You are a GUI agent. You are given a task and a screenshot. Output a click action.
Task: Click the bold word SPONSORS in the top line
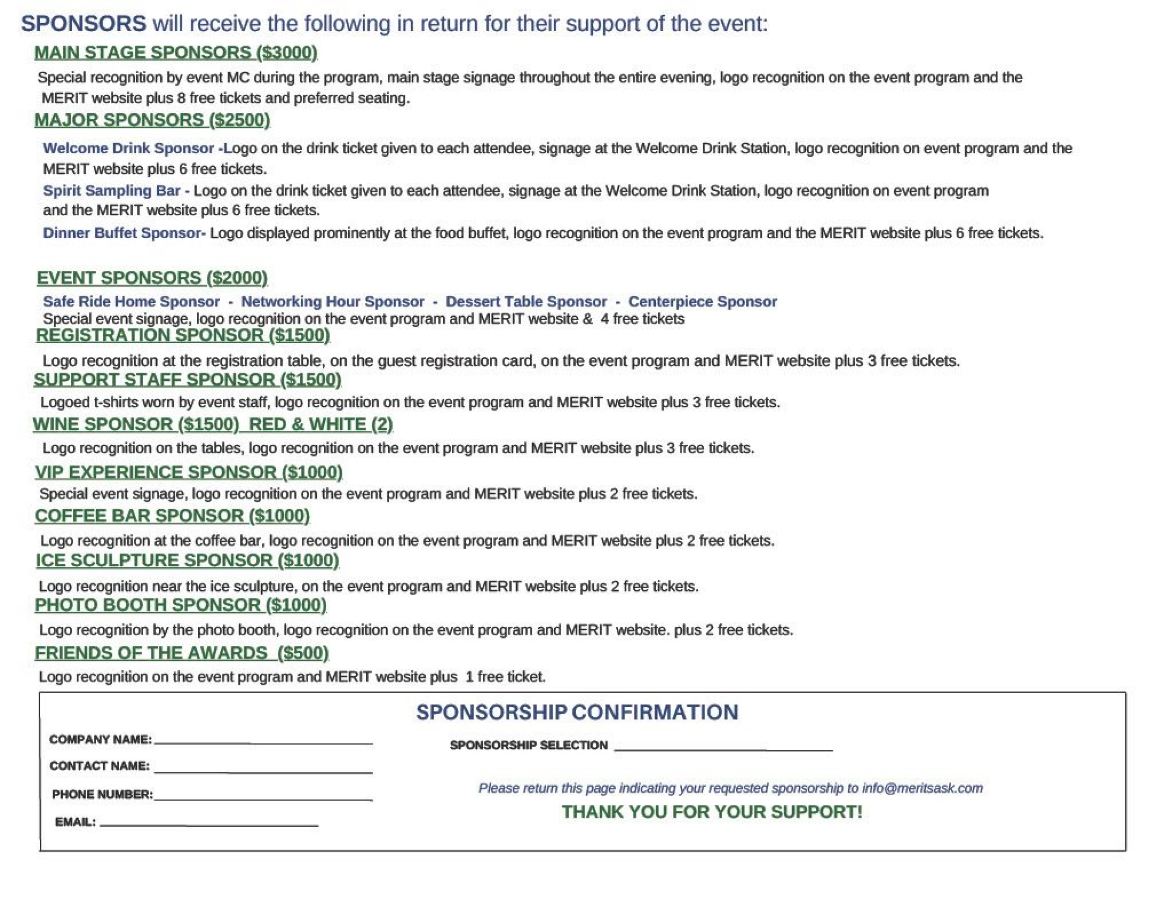point(83,23)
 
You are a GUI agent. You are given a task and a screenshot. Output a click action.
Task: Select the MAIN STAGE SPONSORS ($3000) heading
point(175,53)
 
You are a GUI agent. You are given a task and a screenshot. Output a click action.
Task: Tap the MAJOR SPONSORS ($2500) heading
point(152,120)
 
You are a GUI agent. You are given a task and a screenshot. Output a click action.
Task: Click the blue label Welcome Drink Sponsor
point(128,148)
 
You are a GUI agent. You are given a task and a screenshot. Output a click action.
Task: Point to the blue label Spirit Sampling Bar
point(112,191)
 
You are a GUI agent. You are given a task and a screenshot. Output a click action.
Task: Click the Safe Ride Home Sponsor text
point(131,302)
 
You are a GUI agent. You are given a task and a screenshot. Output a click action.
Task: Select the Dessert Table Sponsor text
point(526,302)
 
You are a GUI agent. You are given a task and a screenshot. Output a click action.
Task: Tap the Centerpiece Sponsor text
point(702,302)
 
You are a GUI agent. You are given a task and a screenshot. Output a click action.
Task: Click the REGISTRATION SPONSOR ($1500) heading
point(183,336)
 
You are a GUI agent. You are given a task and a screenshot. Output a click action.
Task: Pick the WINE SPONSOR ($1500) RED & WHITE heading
point(212,425)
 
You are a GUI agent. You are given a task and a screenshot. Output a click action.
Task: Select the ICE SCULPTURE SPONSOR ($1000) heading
point(188,560)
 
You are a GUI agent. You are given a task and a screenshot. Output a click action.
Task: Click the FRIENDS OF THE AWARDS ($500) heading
point(181,653)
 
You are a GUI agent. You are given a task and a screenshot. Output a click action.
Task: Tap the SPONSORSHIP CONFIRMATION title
point(577,713)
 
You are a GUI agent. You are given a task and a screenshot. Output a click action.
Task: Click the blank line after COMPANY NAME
point(263,742)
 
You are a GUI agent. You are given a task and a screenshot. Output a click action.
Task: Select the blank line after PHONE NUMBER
point(263,799)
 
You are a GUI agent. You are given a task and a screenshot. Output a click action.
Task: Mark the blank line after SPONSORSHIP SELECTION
point(723,749)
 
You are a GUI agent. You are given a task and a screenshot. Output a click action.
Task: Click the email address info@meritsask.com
point(922,788)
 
